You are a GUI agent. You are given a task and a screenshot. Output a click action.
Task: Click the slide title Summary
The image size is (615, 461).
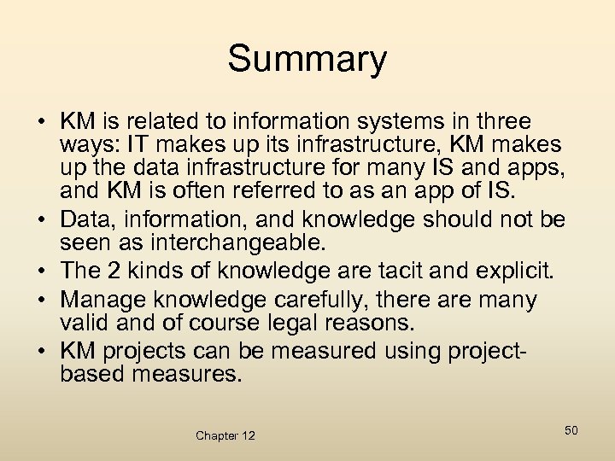click(x=307, y=59)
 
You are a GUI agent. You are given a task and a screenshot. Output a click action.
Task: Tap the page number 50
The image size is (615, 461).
click(x=571, y=430)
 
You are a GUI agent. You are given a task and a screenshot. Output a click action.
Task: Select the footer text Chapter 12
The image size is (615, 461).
click(x=225, y=435)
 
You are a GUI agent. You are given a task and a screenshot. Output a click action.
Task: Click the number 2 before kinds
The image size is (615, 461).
click(x=114, y=271)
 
